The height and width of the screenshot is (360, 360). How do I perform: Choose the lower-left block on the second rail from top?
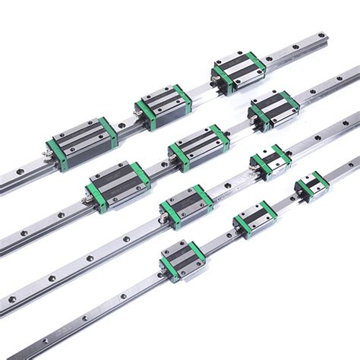(x=119, y=180)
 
